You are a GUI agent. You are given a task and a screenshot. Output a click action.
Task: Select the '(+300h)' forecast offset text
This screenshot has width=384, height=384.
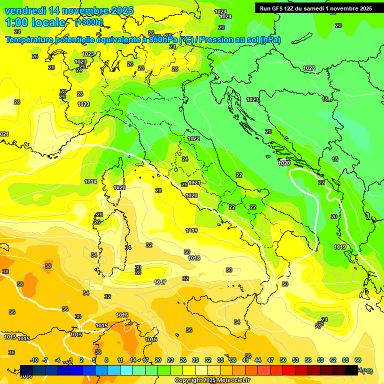89,22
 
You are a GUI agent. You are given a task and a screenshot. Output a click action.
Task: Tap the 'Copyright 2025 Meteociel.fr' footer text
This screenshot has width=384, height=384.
212,380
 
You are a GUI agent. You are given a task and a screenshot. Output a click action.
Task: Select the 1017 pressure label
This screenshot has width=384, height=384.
160,282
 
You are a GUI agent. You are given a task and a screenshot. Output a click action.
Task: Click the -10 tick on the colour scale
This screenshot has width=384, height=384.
34,360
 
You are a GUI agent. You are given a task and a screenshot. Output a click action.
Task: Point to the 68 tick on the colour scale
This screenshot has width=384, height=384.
358,360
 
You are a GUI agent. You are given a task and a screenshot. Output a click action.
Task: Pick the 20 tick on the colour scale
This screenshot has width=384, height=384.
158,360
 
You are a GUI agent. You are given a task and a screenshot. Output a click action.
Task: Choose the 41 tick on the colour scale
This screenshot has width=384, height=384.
245,360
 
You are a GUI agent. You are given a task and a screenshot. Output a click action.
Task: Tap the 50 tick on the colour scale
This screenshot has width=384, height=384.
283,360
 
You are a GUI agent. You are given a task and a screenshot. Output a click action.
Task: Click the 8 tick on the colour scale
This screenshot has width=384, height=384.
106,360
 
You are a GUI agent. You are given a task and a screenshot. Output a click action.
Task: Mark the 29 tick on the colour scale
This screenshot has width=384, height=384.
195,360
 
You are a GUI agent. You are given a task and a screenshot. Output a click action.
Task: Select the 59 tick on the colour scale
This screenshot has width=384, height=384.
320,360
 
